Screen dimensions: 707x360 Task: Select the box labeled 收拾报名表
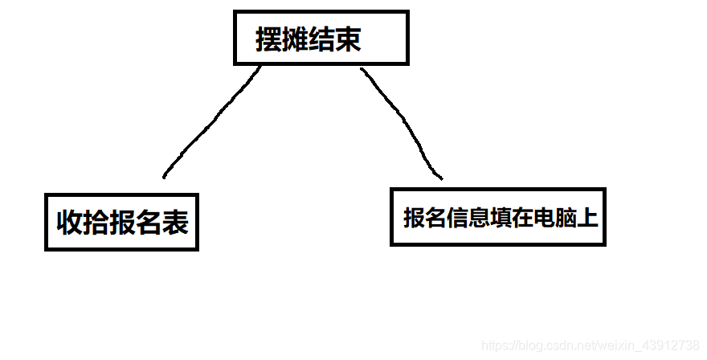pos(121,222)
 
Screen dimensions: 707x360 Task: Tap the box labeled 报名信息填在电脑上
pos(497,217)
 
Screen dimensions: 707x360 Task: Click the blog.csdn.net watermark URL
pos(590,344)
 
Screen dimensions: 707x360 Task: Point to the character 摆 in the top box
pos(268,39)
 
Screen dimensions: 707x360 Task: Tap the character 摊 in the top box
pos(295,39)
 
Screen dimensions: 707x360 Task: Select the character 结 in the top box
pos(321,39)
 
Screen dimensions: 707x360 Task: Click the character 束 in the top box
pos(348,39)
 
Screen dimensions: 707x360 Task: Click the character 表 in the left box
pos(175,223)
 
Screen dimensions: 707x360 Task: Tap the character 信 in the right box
pos(457,218)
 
